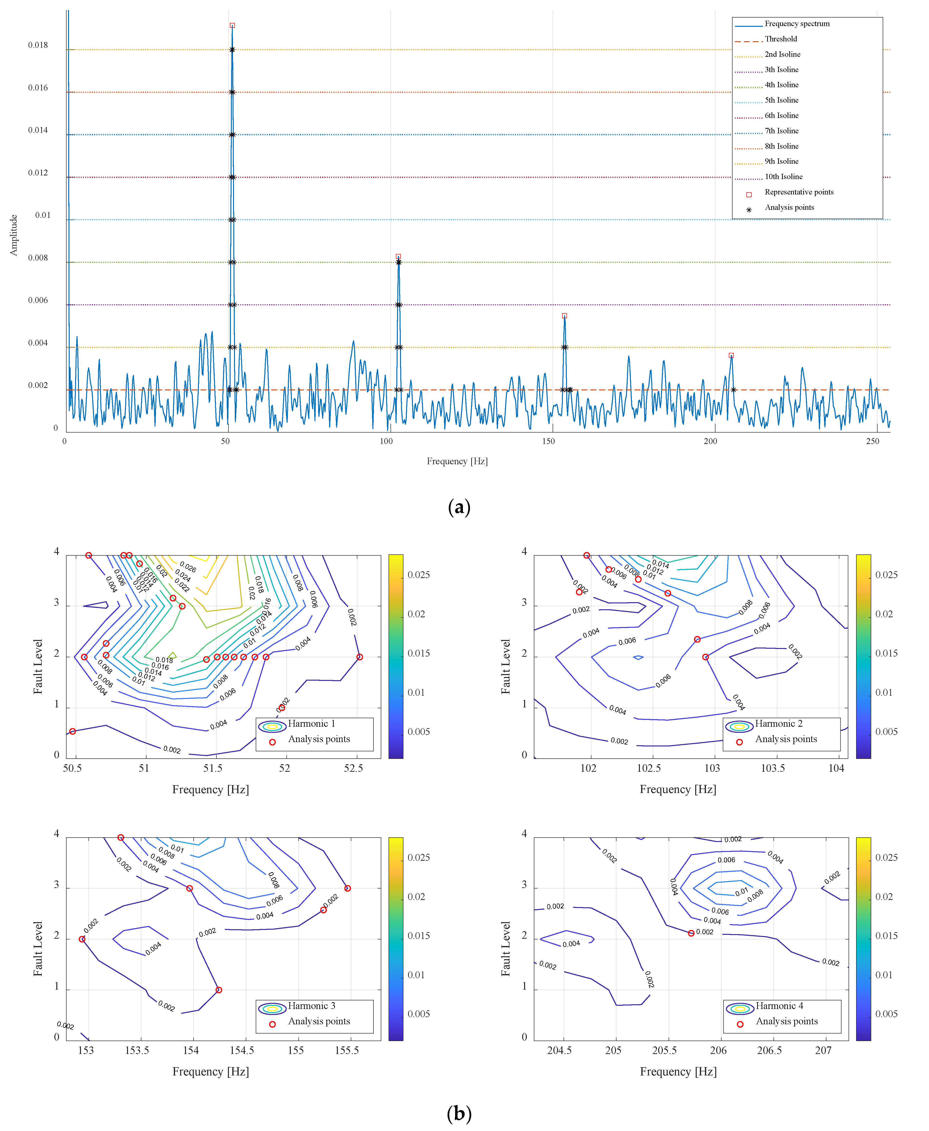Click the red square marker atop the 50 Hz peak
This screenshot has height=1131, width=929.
click(x=232, y=25)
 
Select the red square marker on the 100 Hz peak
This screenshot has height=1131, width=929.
click(x=398, y=256)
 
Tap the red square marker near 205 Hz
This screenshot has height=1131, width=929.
click(x=731, y=355)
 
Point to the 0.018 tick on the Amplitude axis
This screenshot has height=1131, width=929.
click(x=38, y=45)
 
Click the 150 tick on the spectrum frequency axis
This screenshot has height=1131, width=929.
click(x=548, y=441)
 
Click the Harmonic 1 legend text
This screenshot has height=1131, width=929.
click(x=312, y=723)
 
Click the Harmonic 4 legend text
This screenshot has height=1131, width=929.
click(x=779, y=1006)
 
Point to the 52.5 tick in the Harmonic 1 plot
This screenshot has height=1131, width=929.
click(x=353, y=768)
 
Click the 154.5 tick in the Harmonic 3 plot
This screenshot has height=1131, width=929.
click(x=242, y=1050)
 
